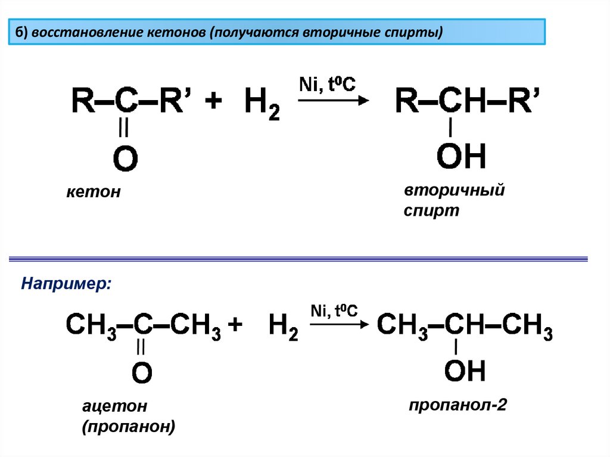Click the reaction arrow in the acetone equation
[x=338, y=325]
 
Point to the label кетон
[x=93, y=192]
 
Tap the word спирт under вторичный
[x=432, y=211]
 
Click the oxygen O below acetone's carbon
[x=142, y=374]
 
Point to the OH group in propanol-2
[x=465, y=371]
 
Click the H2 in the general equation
[x=262, y=105]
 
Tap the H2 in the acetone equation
[x=283, y=327]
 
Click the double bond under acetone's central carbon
[x=141, y=347]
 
